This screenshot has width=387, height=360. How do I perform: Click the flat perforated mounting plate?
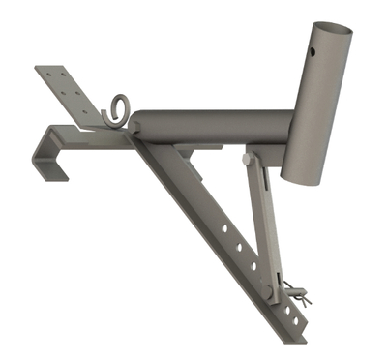pos(70,95)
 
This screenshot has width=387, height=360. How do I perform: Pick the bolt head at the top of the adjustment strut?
pos(249,159)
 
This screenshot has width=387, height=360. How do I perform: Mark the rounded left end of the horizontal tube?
pos(136,124)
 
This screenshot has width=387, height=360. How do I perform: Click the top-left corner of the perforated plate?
pos(39,70)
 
